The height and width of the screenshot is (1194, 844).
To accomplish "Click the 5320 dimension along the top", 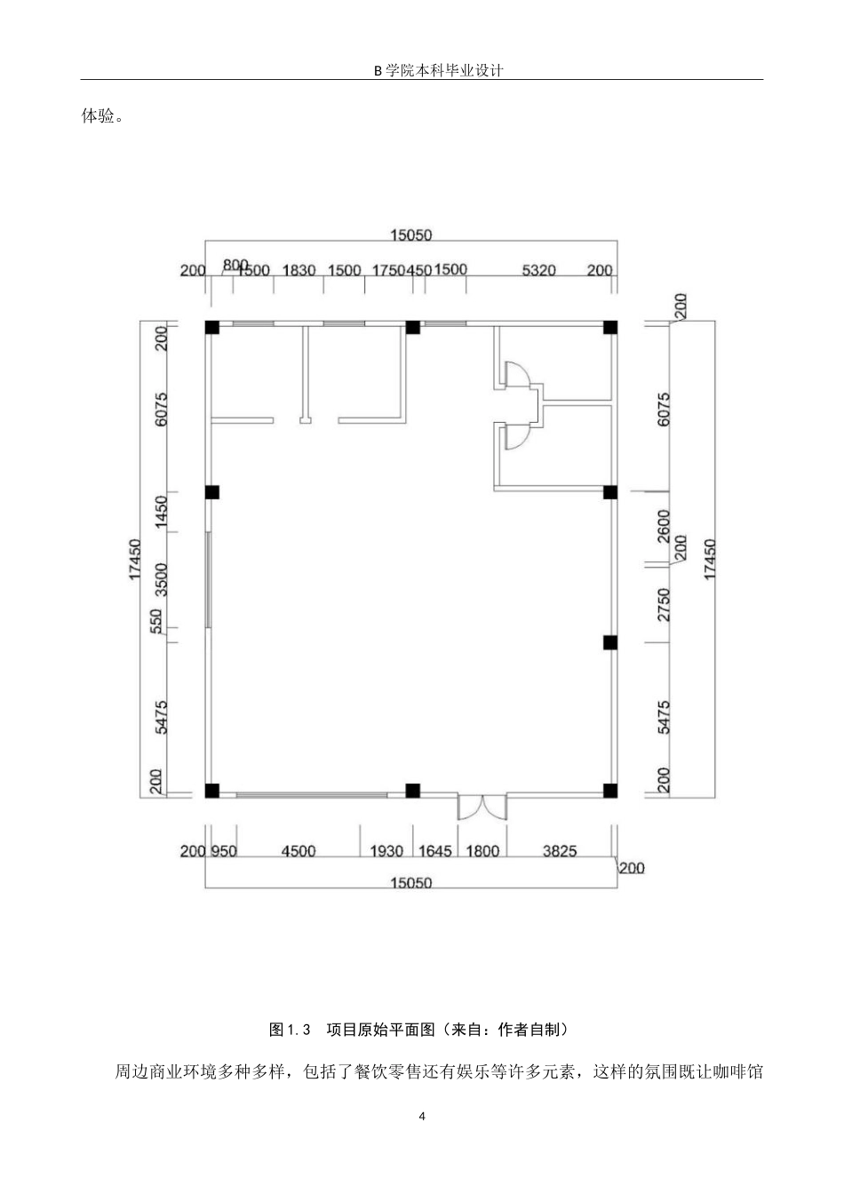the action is pyautogui.click(x=538, y=270).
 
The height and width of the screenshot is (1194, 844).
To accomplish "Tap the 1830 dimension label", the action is pyautogui.click(x=299, y=270).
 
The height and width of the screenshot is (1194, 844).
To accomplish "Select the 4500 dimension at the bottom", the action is pyautogui.click(x=299, y=851).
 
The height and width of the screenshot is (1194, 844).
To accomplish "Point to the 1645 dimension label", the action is pyautogui.click(x=435, y=851).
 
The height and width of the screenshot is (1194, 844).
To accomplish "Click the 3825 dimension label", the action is pyautogui.click(x=560, y=851).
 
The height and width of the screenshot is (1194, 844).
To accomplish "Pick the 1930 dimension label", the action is pyautogui.click(x=386, y=851).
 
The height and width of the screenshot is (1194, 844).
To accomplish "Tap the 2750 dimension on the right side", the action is pyautogui.click(x=664, y=604).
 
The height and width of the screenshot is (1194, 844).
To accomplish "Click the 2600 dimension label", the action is pyautogui.click(x=664, y=526).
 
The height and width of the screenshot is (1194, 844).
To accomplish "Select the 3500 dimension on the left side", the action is pyautogui.click(x=160, y=580).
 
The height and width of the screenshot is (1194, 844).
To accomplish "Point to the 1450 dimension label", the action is pyautogui.click(x=160, y=513).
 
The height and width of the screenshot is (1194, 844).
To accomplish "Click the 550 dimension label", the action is pyautogui.click(x=156, y=621).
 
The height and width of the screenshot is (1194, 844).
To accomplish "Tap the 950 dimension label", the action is pyautogui.click(x=224, y=851).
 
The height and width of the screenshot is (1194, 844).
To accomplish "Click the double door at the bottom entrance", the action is pyautogui.click(x=482, y=808).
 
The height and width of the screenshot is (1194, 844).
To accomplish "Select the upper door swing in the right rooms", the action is pyautogui.click(x=515, y=374).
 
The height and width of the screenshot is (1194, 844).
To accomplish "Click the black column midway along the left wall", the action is pyautogui.click(x=212, y=492).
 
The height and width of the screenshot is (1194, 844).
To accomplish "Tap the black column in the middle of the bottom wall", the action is pyautogui.click(x=412, y=791).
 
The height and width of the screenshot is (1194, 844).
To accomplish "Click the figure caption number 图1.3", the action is pyautogui.click(x=290, y=1030).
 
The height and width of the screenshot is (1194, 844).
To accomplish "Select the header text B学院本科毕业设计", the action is pyautogui.click(x=438, y=70).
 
